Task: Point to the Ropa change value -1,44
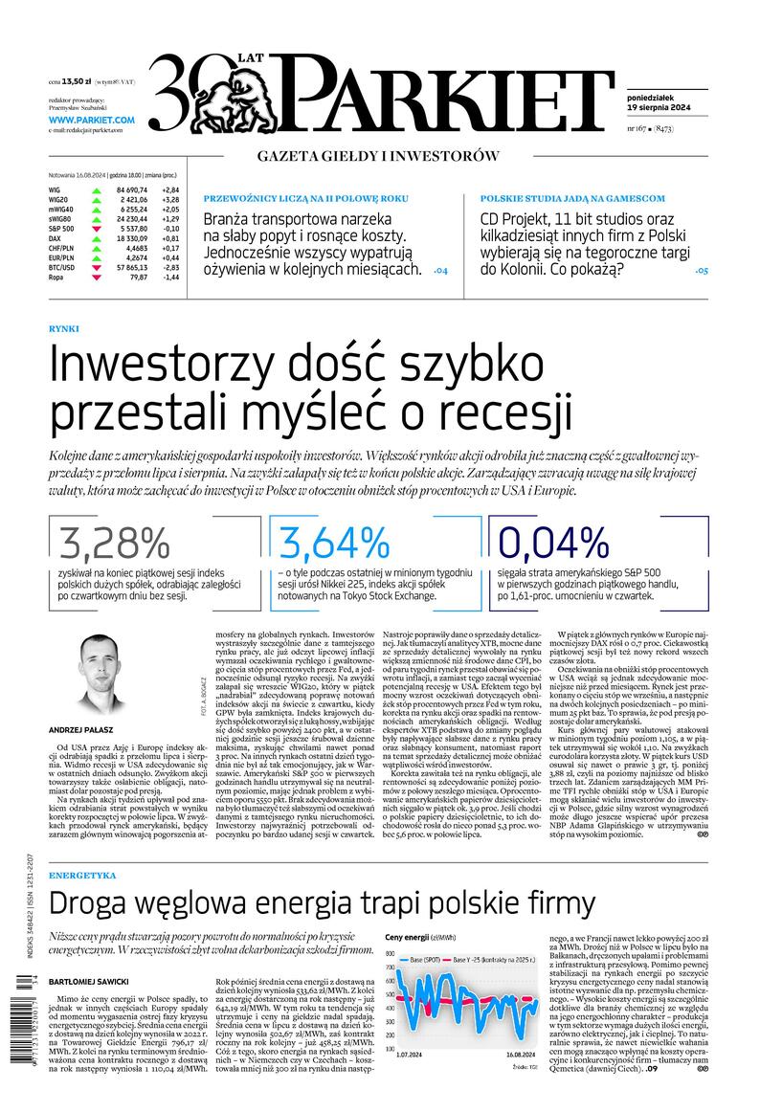coord(170,277)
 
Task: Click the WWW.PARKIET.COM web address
coord(91,120)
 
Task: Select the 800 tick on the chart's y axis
coord(391,954)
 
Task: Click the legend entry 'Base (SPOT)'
coord(426,959)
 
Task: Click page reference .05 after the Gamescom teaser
coord(702,271)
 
